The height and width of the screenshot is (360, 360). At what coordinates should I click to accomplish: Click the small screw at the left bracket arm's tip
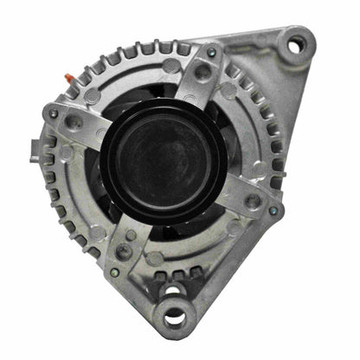pyautogui.click(x=54, y=113)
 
